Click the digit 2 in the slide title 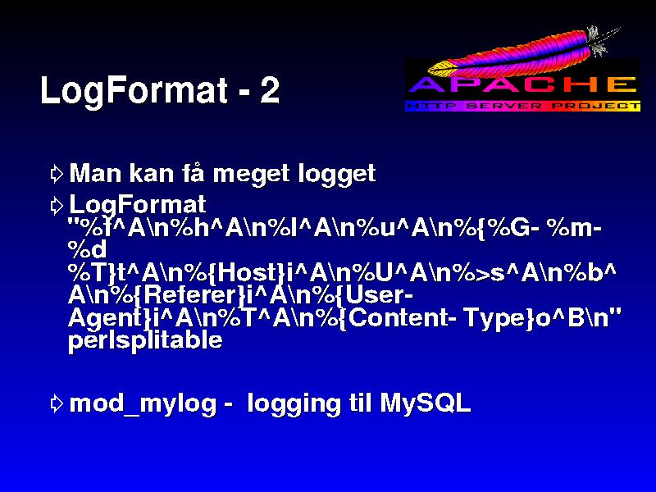tap(269, 90)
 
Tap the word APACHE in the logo tap(522, 84)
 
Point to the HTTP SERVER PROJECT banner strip tap(522, 106)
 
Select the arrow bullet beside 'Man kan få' tap(56, 174)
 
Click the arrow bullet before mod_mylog tap(56, 403)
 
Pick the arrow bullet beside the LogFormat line tap(56, 206)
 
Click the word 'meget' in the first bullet tap(251, 175)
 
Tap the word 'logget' tap(337, 174)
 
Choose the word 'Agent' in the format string tap(106, 319)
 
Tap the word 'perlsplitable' tap(145, 340)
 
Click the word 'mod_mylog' tap(143, 404)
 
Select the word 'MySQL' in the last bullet tap(425, 403)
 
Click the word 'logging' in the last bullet tap(294, 404)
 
